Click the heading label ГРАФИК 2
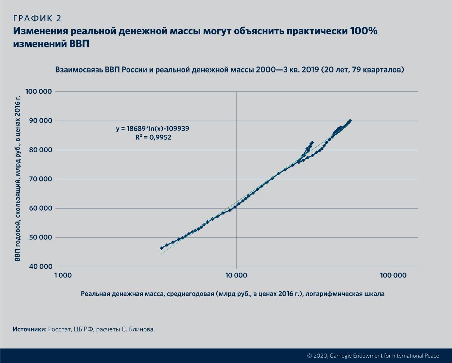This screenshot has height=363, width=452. [37, 19]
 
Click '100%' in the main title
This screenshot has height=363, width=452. [364, 31]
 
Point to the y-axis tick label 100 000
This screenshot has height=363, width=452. [39, 91]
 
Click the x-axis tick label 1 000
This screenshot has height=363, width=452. [62, 276]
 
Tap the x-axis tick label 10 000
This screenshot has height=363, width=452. [236, 276]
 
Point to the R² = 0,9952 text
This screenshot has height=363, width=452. [154, 137]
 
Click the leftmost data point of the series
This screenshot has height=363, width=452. [161, 248]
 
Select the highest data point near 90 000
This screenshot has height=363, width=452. [350, 121]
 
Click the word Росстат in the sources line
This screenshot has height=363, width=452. [59, 329]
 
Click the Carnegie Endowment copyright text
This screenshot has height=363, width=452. [373, 356]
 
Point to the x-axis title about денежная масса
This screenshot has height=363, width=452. [232, 294]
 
